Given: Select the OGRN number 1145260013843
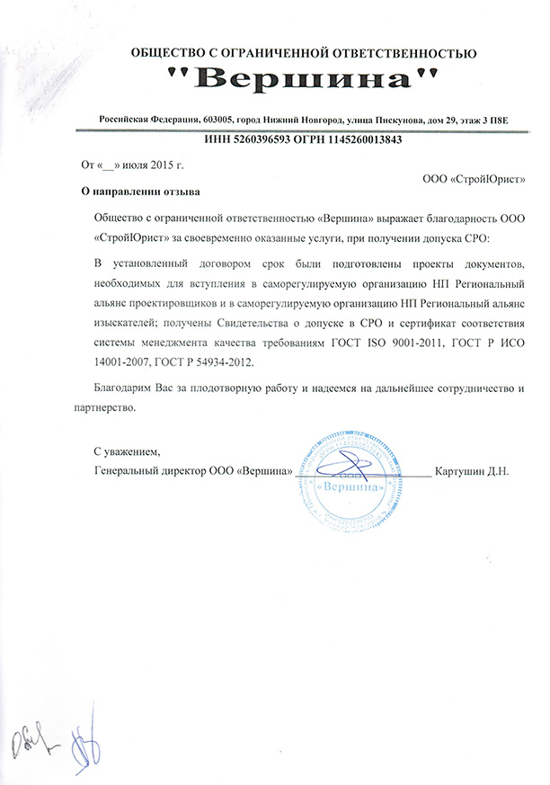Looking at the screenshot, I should pyautogui.click(x=359, y=140).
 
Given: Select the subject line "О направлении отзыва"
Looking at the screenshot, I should pyautogui.click(x=141, y=192).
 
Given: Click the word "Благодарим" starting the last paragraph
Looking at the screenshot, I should pyautogui.click(x=124, y=388).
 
